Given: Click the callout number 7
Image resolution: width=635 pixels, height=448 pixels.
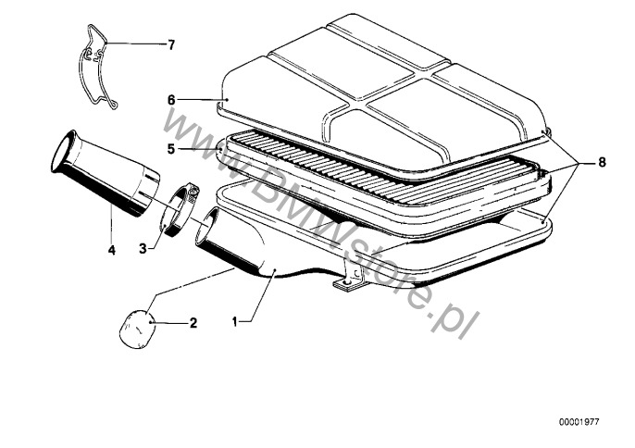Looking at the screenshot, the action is coord(172,45).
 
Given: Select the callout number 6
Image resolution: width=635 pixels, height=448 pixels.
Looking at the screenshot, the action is coord(171,100).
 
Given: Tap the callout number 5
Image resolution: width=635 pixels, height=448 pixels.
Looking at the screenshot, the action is coord(171,149).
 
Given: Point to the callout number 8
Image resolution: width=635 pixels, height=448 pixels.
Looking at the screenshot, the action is coord(602,162).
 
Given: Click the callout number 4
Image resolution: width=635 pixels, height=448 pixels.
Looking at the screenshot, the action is coord(112,250).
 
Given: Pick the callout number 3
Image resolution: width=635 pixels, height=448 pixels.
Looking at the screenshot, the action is coord(143,248).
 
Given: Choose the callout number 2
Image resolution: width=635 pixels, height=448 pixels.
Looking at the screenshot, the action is coord(193,323).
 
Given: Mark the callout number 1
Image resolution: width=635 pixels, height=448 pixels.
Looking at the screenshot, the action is coord(234,321).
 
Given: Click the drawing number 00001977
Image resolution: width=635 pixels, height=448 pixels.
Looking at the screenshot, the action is coord(579,422).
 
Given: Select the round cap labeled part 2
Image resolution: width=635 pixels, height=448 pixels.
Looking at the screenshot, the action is coord(136,329).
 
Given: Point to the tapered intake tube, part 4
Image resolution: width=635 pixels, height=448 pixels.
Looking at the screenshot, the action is coord(106,173).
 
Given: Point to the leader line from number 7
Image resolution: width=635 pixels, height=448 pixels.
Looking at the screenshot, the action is coord(135,44).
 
